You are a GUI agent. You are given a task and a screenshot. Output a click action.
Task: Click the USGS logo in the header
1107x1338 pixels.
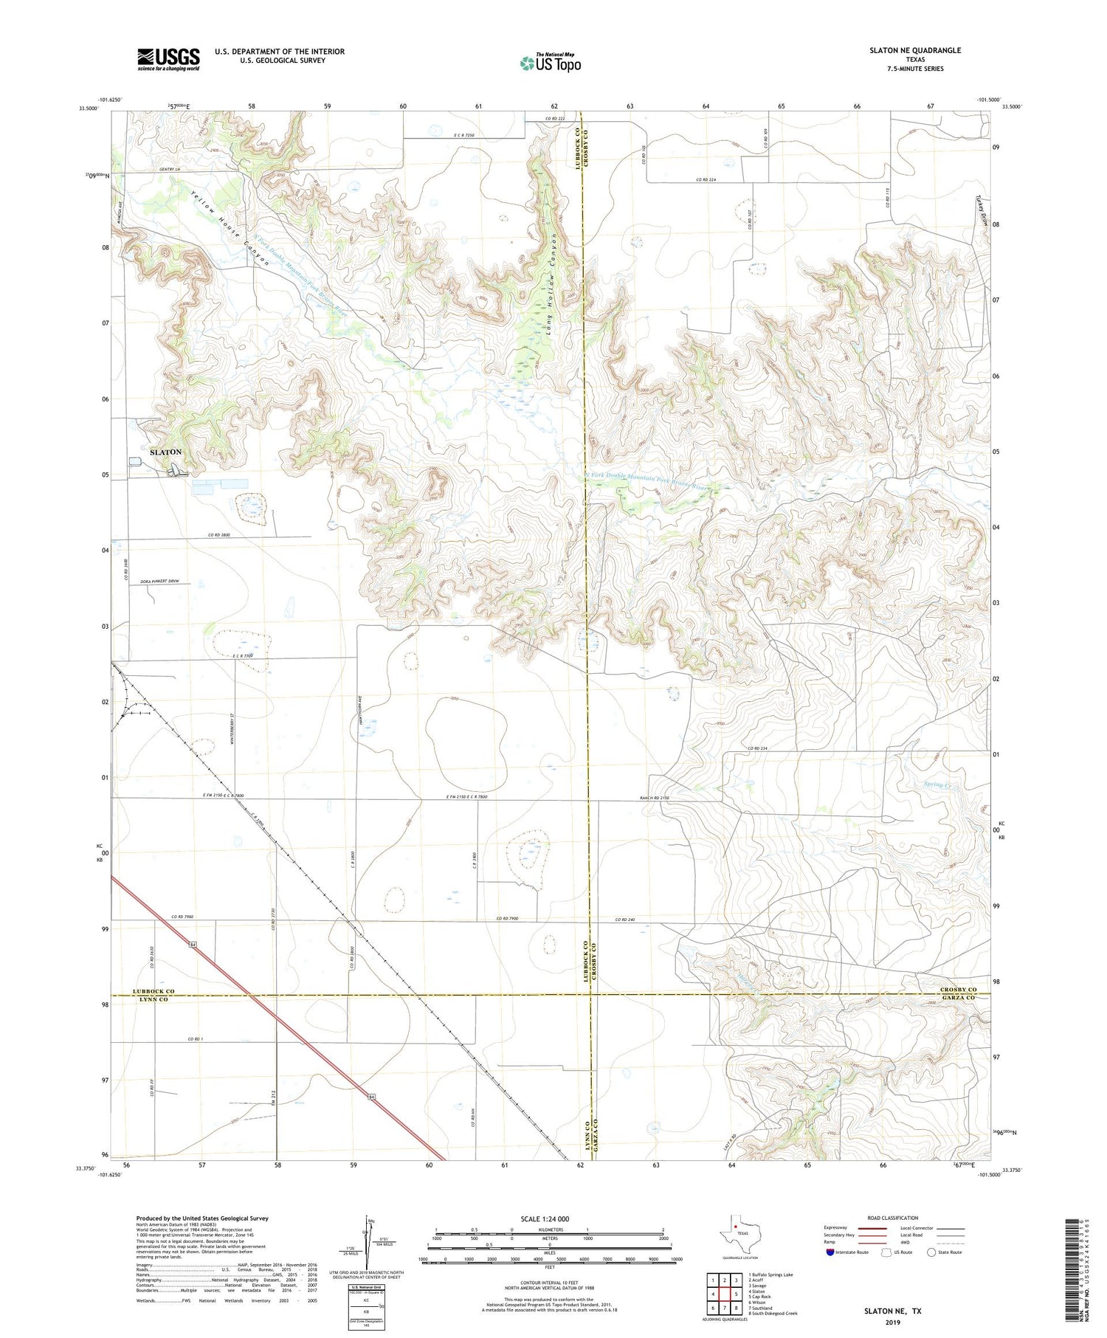pos(168,58)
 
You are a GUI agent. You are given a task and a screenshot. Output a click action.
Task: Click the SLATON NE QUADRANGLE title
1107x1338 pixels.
pos(914,50)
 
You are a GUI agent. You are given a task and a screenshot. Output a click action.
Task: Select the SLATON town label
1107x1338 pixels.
pos(166,452)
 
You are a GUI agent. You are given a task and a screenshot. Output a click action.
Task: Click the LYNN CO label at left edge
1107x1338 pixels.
pos(151,1000)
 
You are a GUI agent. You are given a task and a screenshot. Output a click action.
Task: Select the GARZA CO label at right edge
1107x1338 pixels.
pos(958,998)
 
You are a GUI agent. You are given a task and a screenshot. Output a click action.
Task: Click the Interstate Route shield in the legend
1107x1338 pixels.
pos(830,1252)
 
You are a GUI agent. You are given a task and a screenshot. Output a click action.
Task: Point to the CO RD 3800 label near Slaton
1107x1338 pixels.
pos(221,534)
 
